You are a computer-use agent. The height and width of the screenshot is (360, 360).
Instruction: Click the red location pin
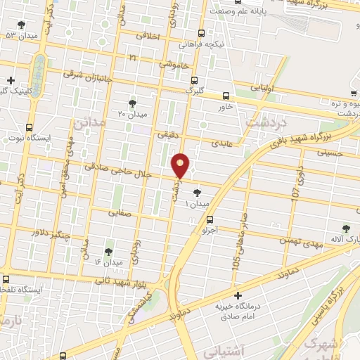click(181, 166)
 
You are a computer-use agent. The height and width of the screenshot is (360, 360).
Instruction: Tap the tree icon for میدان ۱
click(197, 192)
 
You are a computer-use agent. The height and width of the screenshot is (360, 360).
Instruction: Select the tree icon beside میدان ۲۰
click(133, 103)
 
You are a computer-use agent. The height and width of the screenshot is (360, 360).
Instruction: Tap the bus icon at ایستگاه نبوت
click(29, 127)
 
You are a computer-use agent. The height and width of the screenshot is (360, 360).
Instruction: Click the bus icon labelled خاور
click(226, 96)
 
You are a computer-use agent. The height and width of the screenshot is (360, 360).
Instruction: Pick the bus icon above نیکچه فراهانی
click(202, 33)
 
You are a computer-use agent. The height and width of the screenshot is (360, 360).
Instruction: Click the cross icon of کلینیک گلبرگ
click(10, 80)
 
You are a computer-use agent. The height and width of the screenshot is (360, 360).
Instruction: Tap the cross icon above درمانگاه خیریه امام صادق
click(238, 295)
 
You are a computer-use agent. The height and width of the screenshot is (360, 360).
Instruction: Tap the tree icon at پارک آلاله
click(345, 229)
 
